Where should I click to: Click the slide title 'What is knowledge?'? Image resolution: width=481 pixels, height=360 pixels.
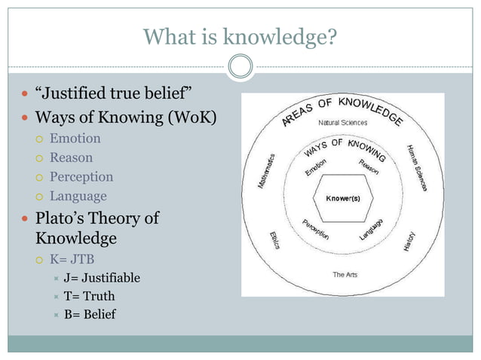point(240,35)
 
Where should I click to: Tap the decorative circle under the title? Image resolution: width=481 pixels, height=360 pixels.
point(240,67)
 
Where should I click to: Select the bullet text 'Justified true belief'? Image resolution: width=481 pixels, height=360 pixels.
point(121,94)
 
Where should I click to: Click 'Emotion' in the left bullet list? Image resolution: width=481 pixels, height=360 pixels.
point(75,139)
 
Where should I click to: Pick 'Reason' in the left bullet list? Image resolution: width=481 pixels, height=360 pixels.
point(71,157)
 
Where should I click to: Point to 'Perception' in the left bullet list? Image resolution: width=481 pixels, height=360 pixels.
point(81,177)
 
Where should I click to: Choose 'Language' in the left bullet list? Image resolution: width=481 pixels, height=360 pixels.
point(78,196)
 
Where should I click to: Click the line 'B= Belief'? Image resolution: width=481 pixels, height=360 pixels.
point(90,314)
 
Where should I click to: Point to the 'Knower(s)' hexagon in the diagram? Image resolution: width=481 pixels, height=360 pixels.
point(342,198)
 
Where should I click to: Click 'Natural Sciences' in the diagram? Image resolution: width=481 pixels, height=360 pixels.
point(342,123)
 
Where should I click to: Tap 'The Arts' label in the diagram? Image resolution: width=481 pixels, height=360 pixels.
point(345,275)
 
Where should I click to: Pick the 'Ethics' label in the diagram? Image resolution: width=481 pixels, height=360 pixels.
point(274,241)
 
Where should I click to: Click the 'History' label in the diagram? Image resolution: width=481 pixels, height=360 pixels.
point(409,240)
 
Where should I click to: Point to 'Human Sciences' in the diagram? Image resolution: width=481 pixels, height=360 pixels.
point(418,168)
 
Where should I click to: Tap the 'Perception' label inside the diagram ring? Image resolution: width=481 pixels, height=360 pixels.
point(315,229)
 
